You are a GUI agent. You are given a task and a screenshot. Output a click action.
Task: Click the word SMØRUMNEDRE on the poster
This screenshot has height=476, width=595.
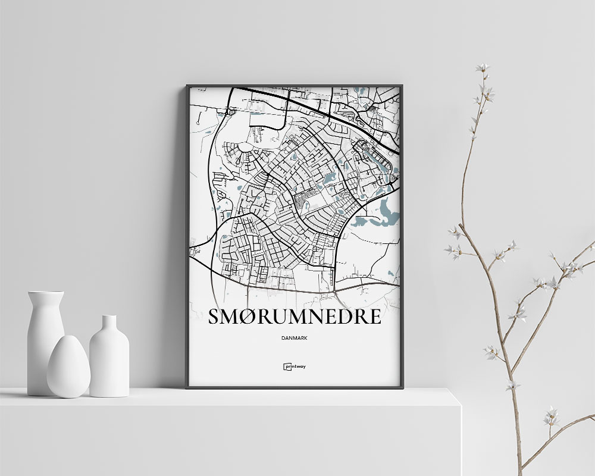295,316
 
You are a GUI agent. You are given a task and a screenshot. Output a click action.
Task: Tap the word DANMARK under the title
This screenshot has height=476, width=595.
295,338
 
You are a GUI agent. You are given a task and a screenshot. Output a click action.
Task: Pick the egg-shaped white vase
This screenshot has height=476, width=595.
68,367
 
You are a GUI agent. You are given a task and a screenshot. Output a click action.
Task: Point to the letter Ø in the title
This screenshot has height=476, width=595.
248,316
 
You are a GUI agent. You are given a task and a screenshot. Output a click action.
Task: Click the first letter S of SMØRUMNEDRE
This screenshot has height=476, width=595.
215,316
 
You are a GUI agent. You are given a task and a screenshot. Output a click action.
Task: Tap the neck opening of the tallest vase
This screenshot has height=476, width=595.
46,293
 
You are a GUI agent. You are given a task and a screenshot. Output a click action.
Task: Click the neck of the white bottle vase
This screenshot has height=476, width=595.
109,324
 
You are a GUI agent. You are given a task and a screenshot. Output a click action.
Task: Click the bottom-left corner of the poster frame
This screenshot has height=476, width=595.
187,387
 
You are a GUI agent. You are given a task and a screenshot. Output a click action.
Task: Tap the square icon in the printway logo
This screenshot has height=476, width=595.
286,367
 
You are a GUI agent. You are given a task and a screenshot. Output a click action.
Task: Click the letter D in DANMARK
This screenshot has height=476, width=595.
281,338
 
